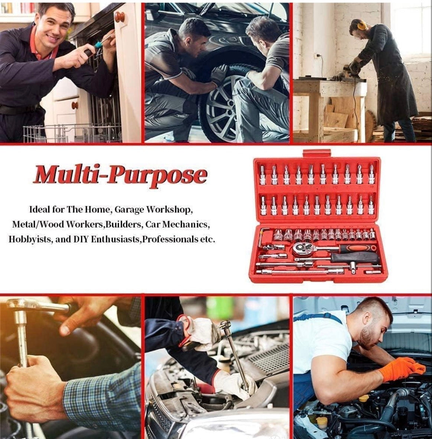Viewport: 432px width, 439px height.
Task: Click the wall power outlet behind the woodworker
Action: click(317, 56)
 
